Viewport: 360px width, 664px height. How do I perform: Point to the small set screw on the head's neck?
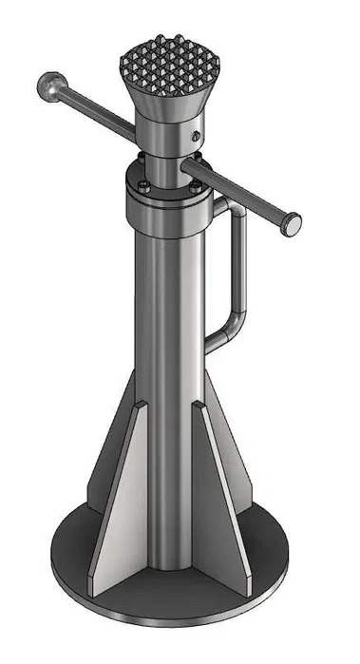196,136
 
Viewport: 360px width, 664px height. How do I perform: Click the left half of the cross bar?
95,109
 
